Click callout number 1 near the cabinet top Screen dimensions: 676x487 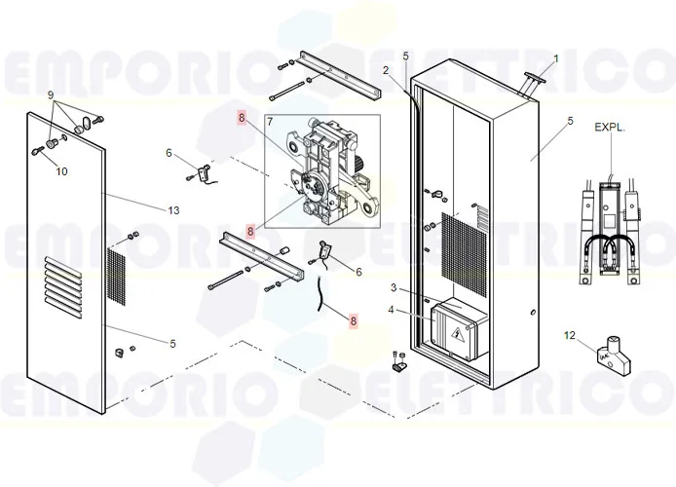(x=556, y=58)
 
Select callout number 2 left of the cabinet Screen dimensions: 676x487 (x=386, y=70)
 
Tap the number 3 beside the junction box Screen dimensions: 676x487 (x=394, y=287)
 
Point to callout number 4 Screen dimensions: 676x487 (x=391, y=310)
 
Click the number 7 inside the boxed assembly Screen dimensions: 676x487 (x=270, y=122)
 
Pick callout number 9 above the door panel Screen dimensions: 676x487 (x=51, y=94)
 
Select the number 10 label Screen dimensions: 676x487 (x=61, y=171)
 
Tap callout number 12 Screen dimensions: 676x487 (x=570, y=335)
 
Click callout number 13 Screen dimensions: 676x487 (x=173, y=210)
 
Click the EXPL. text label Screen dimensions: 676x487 (x=610, y=128)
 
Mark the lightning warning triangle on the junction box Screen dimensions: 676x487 (x=457, y=333)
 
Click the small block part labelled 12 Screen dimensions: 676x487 (x=613, y=356)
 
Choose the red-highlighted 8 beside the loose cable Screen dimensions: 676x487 (x=354, y=320)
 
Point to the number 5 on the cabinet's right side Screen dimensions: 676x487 (x=571, y=121)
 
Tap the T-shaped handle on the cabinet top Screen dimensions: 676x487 (x=532, y=86)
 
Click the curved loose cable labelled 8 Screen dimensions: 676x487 (x=320, y=293)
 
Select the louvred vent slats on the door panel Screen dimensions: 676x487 (x=63, y=288)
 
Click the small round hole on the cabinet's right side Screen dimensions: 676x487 (x=533, y=313)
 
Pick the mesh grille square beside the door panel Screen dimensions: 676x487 (x=115, y=277)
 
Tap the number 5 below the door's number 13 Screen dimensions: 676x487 (x=172, y=344)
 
